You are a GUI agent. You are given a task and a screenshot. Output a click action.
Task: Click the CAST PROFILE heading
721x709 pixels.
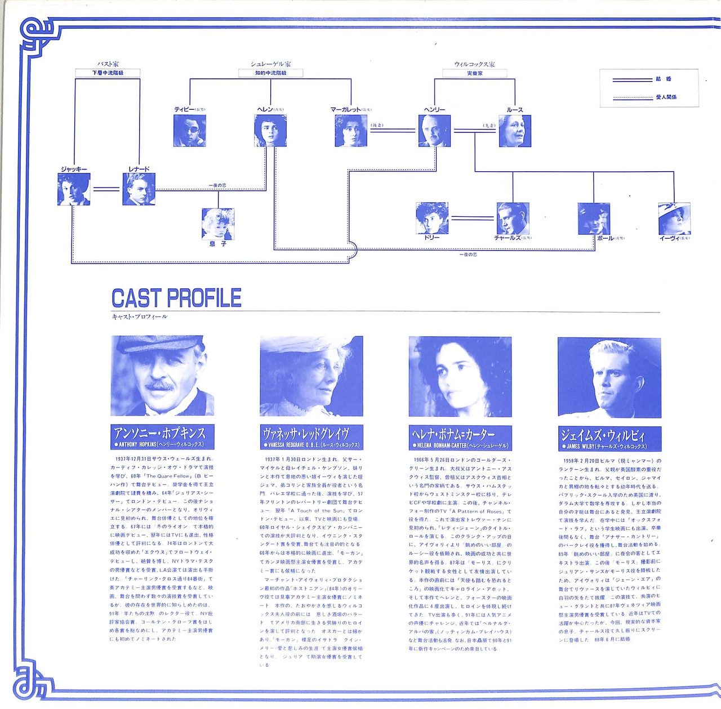point(176,298)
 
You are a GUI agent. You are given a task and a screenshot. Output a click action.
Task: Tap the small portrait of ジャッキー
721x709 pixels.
point(74,189)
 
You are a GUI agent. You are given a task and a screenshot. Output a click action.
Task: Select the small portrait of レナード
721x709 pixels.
point(139,189)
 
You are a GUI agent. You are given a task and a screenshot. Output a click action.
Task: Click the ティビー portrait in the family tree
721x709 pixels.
point(189,131)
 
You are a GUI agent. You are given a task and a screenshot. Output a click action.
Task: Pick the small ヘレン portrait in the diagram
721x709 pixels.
point(270,131)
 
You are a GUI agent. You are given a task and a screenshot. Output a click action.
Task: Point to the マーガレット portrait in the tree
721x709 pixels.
point(351,131)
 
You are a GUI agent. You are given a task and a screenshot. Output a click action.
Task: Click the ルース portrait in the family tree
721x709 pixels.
point(515,131)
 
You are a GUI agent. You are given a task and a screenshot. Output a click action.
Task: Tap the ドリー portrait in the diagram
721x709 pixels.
point(432,218)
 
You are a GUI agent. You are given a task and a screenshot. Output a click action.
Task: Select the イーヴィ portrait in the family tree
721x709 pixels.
point(674,219)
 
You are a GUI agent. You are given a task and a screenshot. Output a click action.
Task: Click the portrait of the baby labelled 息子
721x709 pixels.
point(218,224)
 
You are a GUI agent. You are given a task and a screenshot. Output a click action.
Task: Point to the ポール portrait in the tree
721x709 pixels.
point(594,219)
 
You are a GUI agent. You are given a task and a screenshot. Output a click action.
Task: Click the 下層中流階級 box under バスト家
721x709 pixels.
point(108,73)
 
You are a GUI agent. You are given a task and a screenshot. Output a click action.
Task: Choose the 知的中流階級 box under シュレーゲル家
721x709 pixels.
point(270,73)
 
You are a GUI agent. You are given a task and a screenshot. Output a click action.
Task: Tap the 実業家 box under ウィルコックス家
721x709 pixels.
point(474,73)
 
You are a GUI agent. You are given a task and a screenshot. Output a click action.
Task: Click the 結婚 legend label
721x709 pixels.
point(664,79)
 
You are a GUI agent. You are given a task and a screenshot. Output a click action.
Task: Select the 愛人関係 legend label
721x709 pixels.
point(666,97)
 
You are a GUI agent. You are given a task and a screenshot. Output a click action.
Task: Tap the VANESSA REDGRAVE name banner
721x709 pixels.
point(311,438)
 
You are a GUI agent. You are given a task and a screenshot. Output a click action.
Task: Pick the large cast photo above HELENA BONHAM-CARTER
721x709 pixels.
point(460,377)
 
